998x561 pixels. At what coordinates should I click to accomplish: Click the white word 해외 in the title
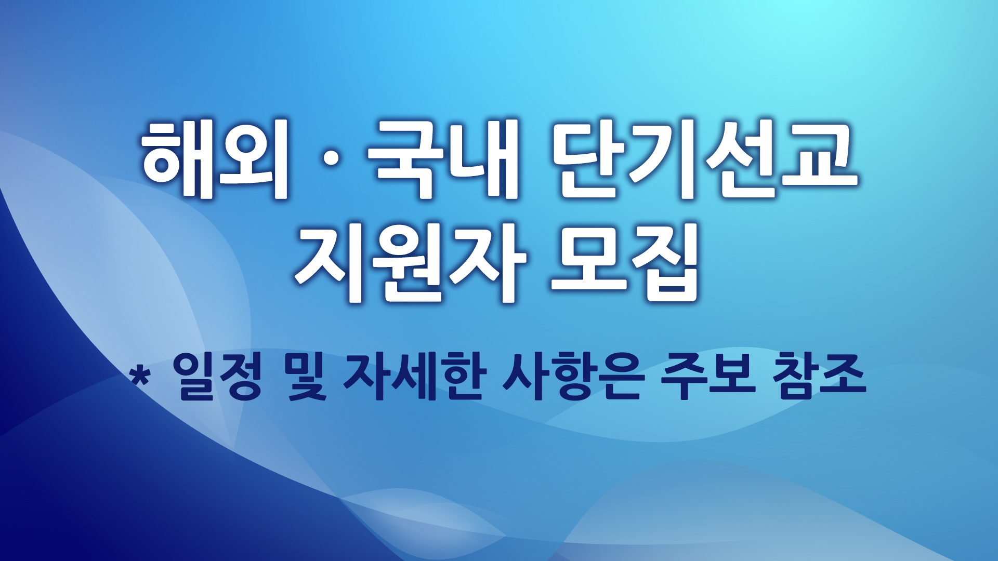click(215, 159)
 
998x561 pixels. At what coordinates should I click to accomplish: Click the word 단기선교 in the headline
click(704, 159)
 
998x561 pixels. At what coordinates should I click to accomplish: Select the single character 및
click(307, 377)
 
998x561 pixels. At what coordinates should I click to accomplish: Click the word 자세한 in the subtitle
click(414, 377)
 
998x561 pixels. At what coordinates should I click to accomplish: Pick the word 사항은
click(574, 377)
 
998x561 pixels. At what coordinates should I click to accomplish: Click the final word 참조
click(819, 377)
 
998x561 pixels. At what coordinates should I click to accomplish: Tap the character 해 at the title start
click(177, 159)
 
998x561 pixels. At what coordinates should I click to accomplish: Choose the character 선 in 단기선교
click(740, 159)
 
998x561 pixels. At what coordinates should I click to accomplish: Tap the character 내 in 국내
click(484, 159)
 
